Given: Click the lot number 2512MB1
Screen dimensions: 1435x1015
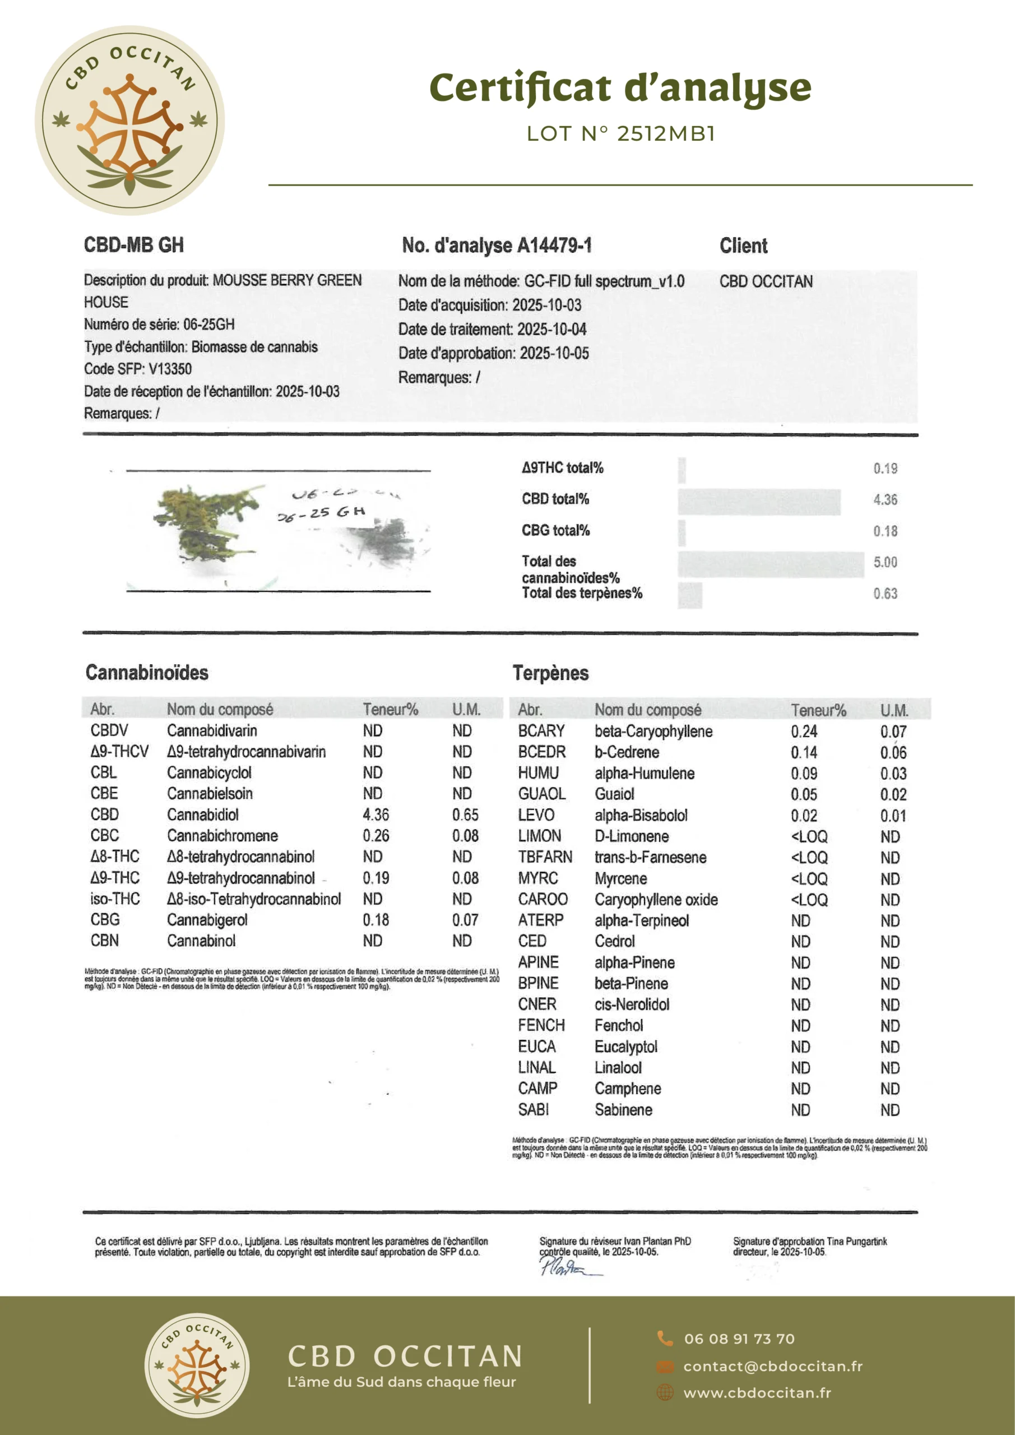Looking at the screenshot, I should [666, 134].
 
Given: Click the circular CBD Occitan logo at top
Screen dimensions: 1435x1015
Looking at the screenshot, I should [129, 121].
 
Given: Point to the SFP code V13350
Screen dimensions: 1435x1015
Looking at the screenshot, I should [170, 369].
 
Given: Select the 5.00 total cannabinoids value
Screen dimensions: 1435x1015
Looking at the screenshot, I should [885, 562].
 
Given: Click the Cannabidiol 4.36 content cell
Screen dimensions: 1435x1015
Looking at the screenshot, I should [376, 814].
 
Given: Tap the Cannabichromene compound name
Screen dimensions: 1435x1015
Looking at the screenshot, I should [222, 836].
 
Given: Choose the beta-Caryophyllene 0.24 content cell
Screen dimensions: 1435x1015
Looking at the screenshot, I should [804, 732].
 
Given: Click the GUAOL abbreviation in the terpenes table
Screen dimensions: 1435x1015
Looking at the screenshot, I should [541, 794].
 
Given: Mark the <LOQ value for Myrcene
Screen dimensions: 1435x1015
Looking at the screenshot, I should [809, 879].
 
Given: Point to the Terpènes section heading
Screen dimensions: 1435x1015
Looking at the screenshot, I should [550, 673].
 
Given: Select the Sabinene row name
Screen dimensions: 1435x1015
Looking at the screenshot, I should [623, 1110].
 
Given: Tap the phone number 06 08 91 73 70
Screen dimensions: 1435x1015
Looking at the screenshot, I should [739, 1339].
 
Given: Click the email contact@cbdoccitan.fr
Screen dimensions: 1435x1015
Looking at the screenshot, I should [772, 1366].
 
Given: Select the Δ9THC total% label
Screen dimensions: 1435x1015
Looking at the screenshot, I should [563, 467].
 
